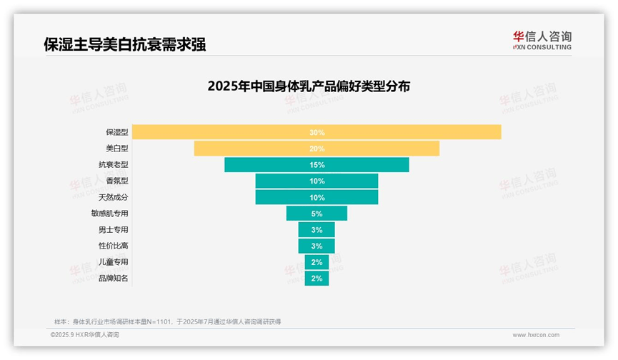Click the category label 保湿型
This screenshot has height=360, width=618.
tap(116, 132)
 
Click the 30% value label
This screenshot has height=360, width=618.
tap(317, 132)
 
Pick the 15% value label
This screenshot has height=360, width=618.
tap(317, 165)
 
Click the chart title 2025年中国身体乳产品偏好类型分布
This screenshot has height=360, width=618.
tap(308, 86)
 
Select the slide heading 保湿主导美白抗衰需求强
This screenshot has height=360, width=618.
tap(125, 44)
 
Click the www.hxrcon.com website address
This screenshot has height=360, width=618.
tap(536, 334)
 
